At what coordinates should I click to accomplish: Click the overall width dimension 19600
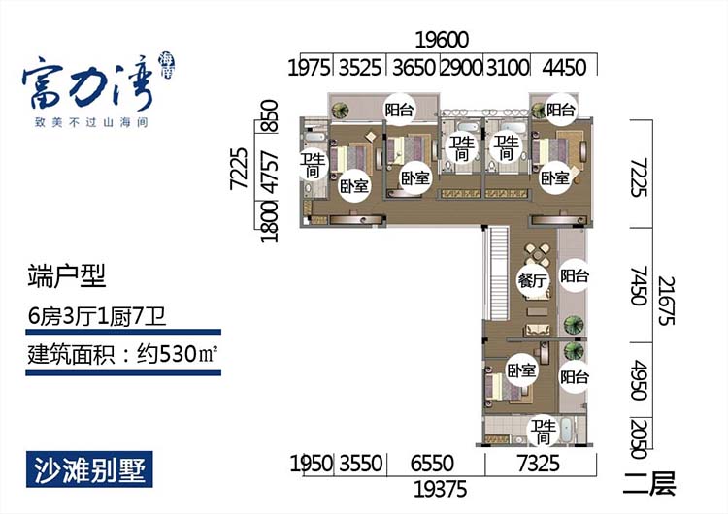tap(442, 41)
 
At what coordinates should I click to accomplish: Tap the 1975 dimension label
tap(312, 68)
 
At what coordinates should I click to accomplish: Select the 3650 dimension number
tap(414, 68)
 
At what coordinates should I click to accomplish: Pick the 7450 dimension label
tap(638, 288)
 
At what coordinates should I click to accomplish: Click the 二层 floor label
tap(650, 483)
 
